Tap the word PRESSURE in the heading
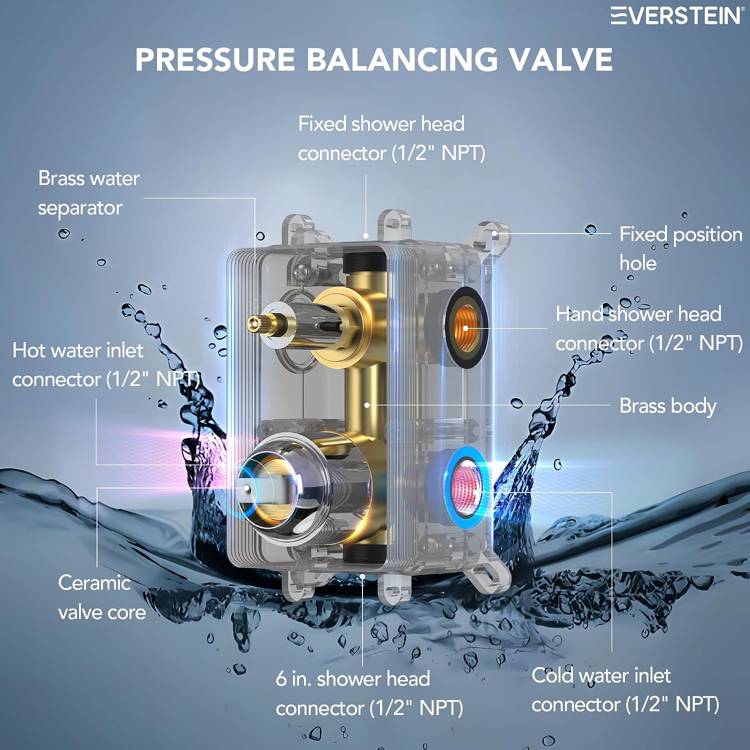pyautogui.click(x=215, y=59)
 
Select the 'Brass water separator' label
pyautogui.click(x=88, y=193)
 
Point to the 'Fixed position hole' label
pyautogui.click(x=680, y=248)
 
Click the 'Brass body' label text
pyautogui.click(x=668, y=406)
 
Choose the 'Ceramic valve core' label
pyautogui.click(x=101, y=597)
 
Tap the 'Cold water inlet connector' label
pyautogui.click(x=625, y=690)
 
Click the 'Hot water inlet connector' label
pyautogui.click(x=106, y=365)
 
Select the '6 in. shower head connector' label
pyautogui.click(x=369, y=693)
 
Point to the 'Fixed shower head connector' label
pyautogui.click(x=391, y=138)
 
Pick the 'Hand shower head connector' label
pyautogui.click(x=649, y=328)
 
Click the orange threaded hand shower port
pyautogui.click(x=465, y=328)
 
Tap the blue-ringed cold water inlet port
pyautogui.click(x=465, y=488)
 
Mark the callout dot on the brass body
pyautogui.click(x=367, y=405)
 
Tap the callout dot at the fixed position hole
pyautogui.click(x=494, y=233)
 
